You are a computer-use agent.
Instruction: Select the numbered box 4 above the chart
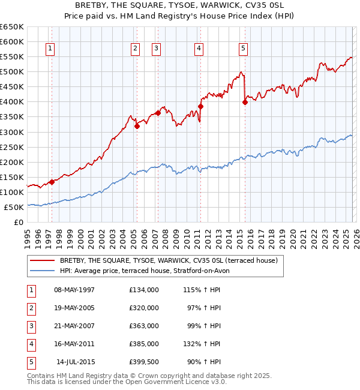click(x=199, y=49)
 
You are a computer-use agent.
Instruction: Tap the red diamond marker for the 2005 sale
click(x=137, y=126)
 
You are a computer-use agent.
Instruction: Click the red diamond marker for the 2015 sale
click(x=245, y=102)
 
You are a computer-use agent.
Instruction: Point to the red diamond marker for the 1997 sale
click(x=52, y=182)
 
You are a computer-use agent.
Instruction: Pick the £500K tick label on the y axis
click(x=12, y=71)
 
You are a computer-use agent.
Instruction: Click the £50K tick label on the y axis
click(x=14, y=207)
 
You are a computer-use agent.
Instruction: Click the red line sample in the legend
click(x=42, y=261)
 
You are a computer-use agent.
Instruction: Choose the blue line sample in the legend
click(x=42, y=271)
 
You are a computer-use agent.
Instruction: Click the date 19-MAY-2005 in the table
click(x=74, y=308)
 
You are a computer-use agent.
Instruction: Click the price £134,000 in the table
click(x=143, y=290)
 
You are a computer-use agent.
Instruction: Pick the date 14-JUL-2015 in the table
click(x=76, y=362)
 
